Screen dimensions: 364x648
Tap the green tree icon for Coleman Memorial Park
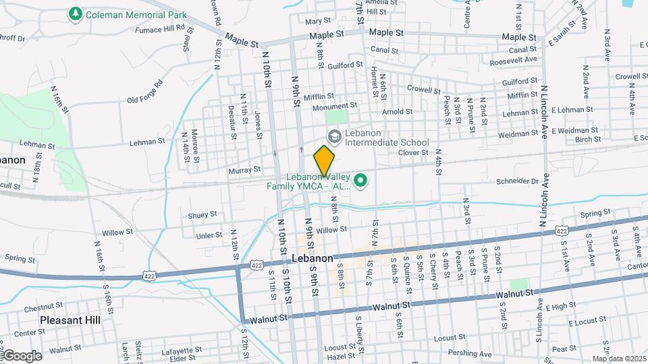point(75,13)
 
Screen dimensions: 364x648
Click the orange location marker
point(324,160)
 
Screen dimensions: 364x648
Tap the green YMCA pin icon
point(361,180)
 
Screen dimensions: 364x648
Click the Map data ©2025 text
point(618,359)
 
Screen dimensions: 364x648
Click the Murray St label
point(245,170)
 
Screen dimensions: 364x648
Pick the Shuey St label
point(202,215)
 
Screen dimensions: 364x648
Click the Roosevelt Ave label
point(514,60)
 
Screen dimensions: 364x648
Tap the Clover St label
point(413,152)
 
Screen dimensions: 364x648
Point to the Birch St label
point(588,140)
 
